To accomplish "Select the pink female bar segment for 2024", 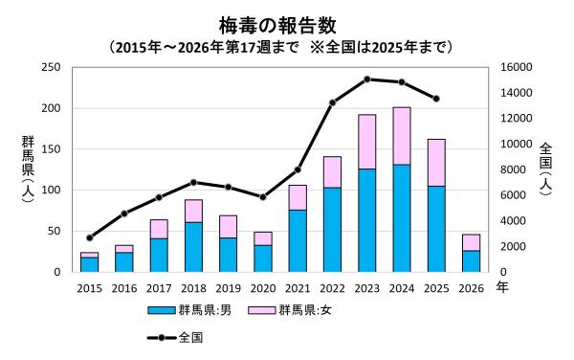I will [x=402, y=136].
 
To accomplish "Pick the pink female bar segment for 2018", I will [x=193, y=211].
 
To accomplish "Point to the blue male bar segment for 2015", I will [x=89, y=264].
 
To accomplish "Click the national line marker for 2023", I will [x=366, y=79].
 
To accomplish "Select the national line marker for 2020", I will [x=263, y=197].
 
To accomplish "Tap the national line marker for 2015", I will [x=89, y=237].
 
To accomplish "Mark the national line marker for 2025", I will [x=436, y=99].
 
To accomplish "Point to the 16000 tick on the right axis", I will [x=509, y=67].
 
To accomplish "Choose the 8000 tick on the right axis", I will [x=506, y=169].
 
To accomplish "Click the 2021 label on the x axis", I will [x=298, y=287].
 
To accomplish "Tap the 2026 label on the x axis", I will [x=472, y=287].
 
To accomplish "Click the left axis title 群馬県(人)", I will [x=27, y=169].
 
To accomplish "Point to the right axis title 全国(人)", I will [x=545, y=169].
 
